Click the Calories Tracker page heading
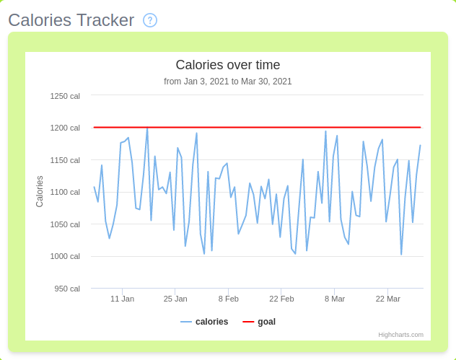pyautogui.click(x=71, y=20)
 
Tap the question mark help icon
pyautogui.click(x=150, y=20)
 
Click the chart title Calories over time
pyautogui.click(x=228, y=65)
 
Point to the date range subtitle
pyautogui.click(x=228, y=82)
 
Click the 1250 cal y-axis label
pyautogui.click(x=65, y=96)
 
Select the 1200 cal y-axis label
pyautogui.click(x=65, y=128)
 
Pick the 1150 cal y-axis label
pyautogui.click(x=65, y=160)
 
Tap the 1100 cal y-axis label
pyautogui.click(x=65, y=192)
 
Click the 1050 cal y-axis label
pyautogui.click(x=65, y=224)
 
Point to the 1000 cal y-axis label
pyautogui.click(x=65, y=256)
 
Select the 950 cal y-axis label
pyautogui.click(x=67, y=289)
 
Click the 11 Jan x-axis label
pyautogui.click(x=122, y=299)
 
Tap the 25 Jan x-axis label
pyautogui.click(x=175, y=299)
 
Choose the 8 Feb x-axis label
pyautogui.click(x=228, y=299)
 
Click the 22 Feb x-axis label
pyautogui.click(x=281, y=299)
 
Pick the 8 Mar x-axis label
pyautogui.click(x=335, y=299)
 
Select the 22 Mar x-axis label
pyautogui.click(x=387, y=299)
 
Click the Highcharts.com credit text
pyautogui.click(x=400, y=335)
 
